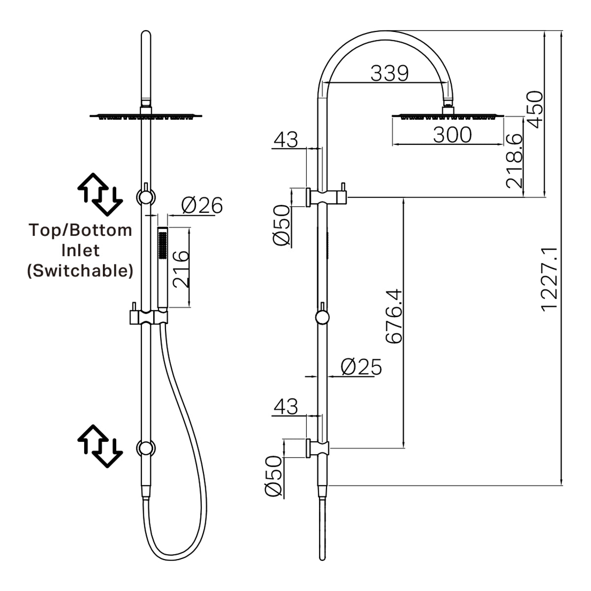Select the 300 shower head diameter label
(452, 134)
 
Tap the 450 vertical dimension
(535, 109)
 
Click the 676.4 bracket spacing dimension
(394, 316)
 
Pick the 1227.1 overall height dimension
(549, 279)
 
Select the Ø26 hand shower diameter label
(201, 205)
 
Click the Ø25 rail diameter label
(361, 367)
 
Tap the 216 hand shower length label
(181, 269)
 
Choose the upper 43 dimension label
(286, 139)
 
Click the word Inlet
(80, 250)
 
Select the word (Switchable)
(80, 270)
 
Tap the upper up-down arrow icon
(100, 195)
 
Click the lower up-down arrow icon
(100, 446)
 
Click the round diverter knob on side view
(322, 318)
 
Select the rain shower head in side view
(448, 116)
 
